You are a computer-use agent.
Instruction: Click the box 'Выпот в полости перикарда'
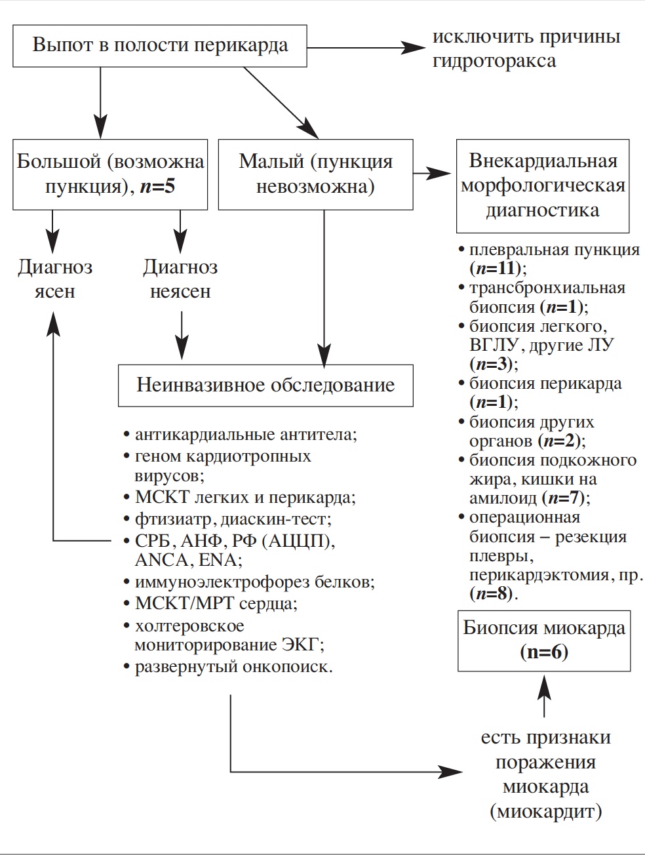tap(160, 45)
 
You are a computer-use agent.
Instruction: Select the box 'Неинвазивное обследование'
tap(265, 384)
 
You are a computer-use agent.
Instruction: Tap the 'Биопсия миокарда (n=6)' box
tap(544, 640)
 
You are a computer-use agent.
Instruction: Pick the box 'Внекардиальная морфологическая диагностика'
tap(543, 186)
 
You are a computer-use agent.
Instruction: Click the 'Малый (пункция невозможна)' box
tap(315, 174)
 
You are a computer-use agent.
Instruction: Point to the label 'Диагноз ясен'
tap(55, 279)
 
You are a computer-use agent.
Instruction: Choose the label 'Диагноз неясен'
tap(180, 279)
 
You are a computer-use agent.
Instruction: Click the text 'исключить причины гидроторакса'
tap(526, 49)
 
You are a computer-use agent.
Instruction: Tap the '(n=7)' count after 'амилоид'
tap(566, 498)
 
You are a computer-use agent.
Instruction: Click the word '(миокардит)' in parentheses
tap(545, 812)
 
